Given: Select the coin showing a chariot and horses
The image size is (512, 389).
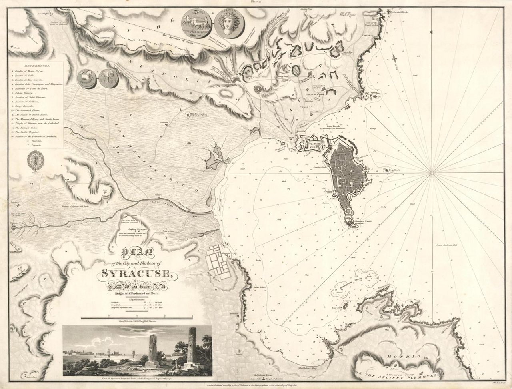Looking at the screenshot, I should click(x=197, y=24).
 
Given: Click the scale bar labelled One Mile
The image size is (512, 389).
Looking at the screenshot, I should click(x=137, y=318).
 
